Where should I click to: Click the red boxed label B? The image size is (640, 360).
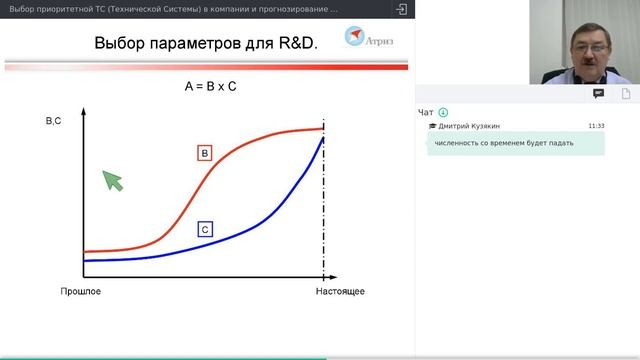(x=204, y=153)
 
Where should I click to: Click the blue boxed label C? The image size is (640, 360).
(x=204, y=229)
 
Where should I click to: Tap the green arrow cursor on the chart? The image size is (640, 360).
(x=112, y=180)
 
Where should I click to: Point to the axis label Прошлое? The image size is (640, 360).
(x=80, y=291)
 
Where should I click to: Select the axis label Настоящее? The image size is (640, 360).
(x=339, y=291)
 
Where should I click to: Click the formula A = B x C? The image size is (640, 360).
(x=210, y=87)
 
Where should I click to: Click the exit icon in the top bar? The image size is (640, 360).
(x=401, y=9)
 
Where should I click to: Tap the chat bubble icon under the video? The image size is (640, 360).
(x=598, y=93)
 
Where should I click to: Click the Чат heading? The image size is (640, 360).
(x=426, y=112)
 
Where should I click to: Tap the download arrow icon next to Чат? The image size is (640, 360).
(x=443, y=112)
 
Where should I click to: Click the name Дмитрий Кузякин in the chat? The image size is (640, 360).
(x=469, y=126)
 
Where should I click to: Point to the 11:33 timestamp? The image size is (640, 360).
(x=596, y=126)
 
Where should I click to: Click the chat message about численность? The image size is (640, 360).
(x=503, y=143)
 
